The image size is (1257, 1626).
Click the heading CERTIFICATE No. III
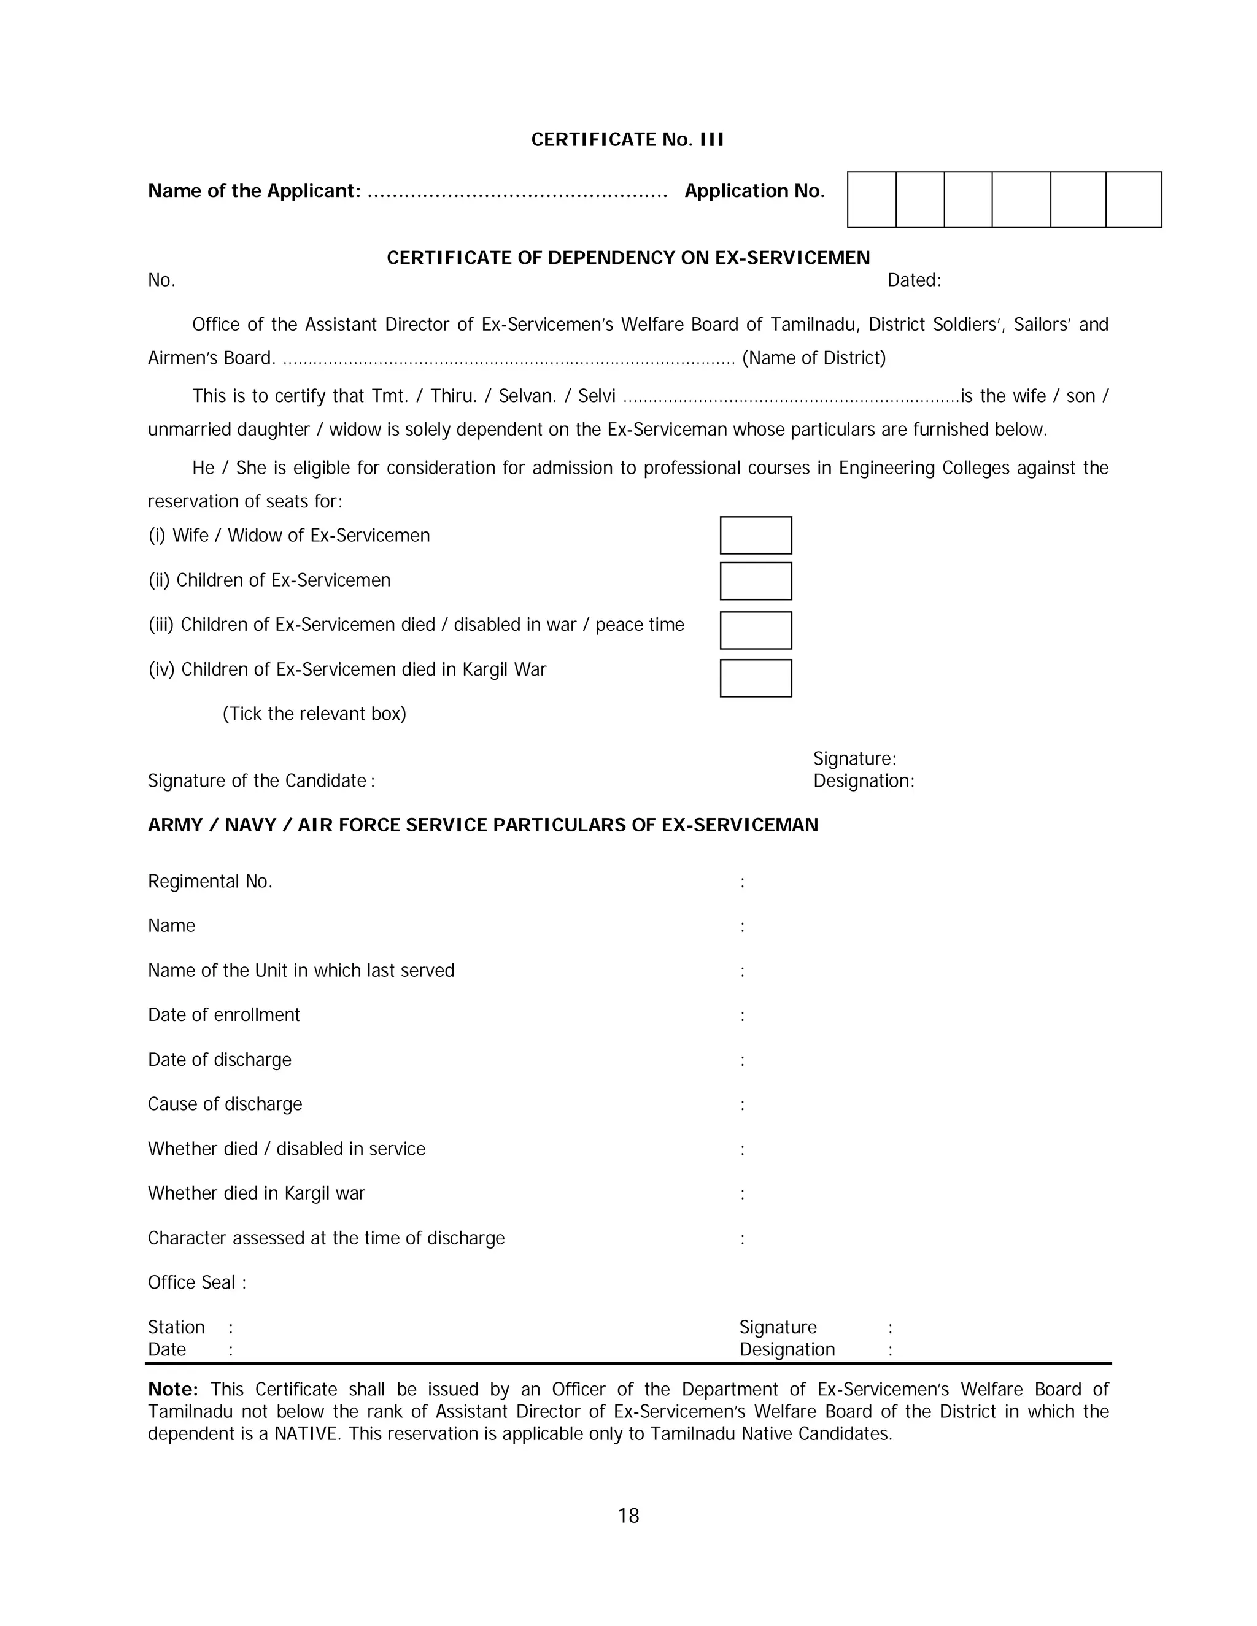pos(627,140)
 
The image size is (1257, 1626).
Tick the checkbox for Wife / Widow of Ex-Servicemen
pos(755,535)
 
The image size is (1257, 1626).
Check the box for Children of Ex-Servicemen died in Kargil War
pos(755,678)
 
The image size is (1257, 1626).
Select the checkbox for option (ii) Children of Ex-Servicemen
pos(755,580)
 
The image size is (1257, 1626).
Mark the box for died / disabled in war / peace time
pos(755,631)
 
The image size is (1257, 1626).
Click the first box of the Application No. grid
pos(872,199)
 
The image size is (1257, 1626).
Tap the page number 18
pos(628,1516)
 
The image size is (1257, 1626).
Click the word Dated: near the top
pos(914,280)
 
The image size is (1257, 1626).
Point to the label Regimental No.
pos(210,882)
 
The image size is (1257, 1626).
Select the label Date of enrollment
pos(223,1015)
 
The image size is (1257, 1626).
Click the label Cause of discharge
pos(225,1104)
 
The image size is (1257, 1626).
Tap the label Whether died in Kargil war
pos(256,1193)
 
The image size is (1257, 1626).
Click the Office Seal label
pos(196,1282)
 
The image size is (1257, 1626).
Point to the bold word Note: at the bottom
pos(172,1389)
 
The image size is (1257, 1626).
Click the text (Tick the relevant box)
pos(314,714)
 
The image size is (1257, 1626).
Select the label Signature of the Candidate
pos(261,781)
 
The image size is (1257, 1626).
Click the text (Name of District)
pos(814,358)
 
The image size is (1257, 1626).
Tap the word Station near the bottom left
pos(176,1327)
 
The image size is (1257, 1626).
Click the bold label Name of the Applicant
pos(254,191)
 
